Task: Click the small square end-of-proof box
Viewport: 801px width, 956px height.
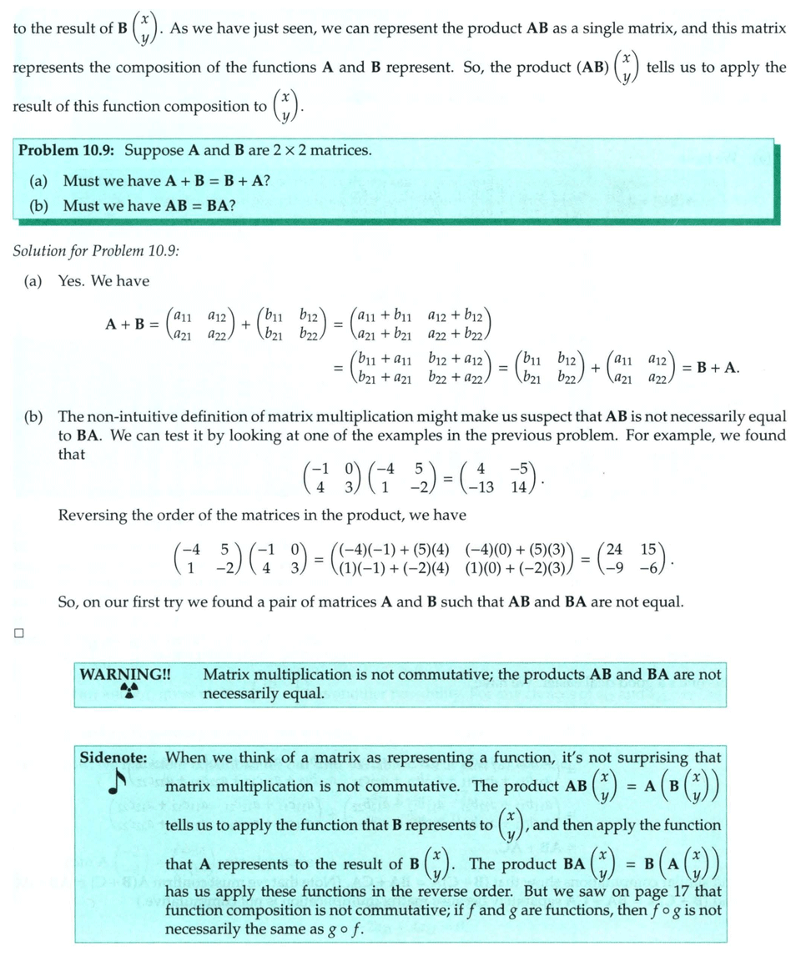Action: coord(18,633)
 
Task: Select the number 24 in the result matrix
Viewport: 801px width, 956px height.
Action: coord(613,551)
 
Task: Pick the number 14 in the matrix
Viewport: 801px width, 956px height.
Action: coord(518,487)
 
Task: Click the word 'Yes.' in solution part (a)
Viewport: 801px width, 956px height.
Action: coord(72,281)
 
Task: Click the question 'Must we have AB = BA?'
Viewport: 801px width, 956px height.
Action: coord(149,205)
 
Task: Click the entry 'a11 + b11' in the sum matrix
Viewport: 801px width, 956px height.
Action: coord(384,316)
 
